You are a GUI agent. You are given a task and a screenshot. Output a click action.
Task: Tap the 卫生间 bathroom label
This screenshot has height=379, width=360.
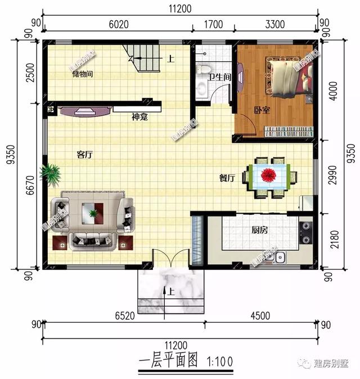[216, 77]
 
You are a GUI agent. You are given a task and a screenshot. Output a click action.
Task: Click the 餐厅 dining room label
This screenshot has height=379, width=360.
[227, 178]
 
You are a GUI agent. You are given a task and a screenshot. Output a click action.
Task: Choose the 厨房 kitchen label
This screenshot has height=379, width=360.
[259, 230]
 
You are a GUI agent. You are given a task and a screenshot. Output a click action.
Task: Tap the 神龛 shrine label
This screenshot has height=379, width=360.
[139, 118]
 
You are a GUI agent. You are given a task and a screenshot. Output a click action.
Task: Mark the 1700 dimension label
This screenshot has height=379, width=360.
[214, 24]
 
